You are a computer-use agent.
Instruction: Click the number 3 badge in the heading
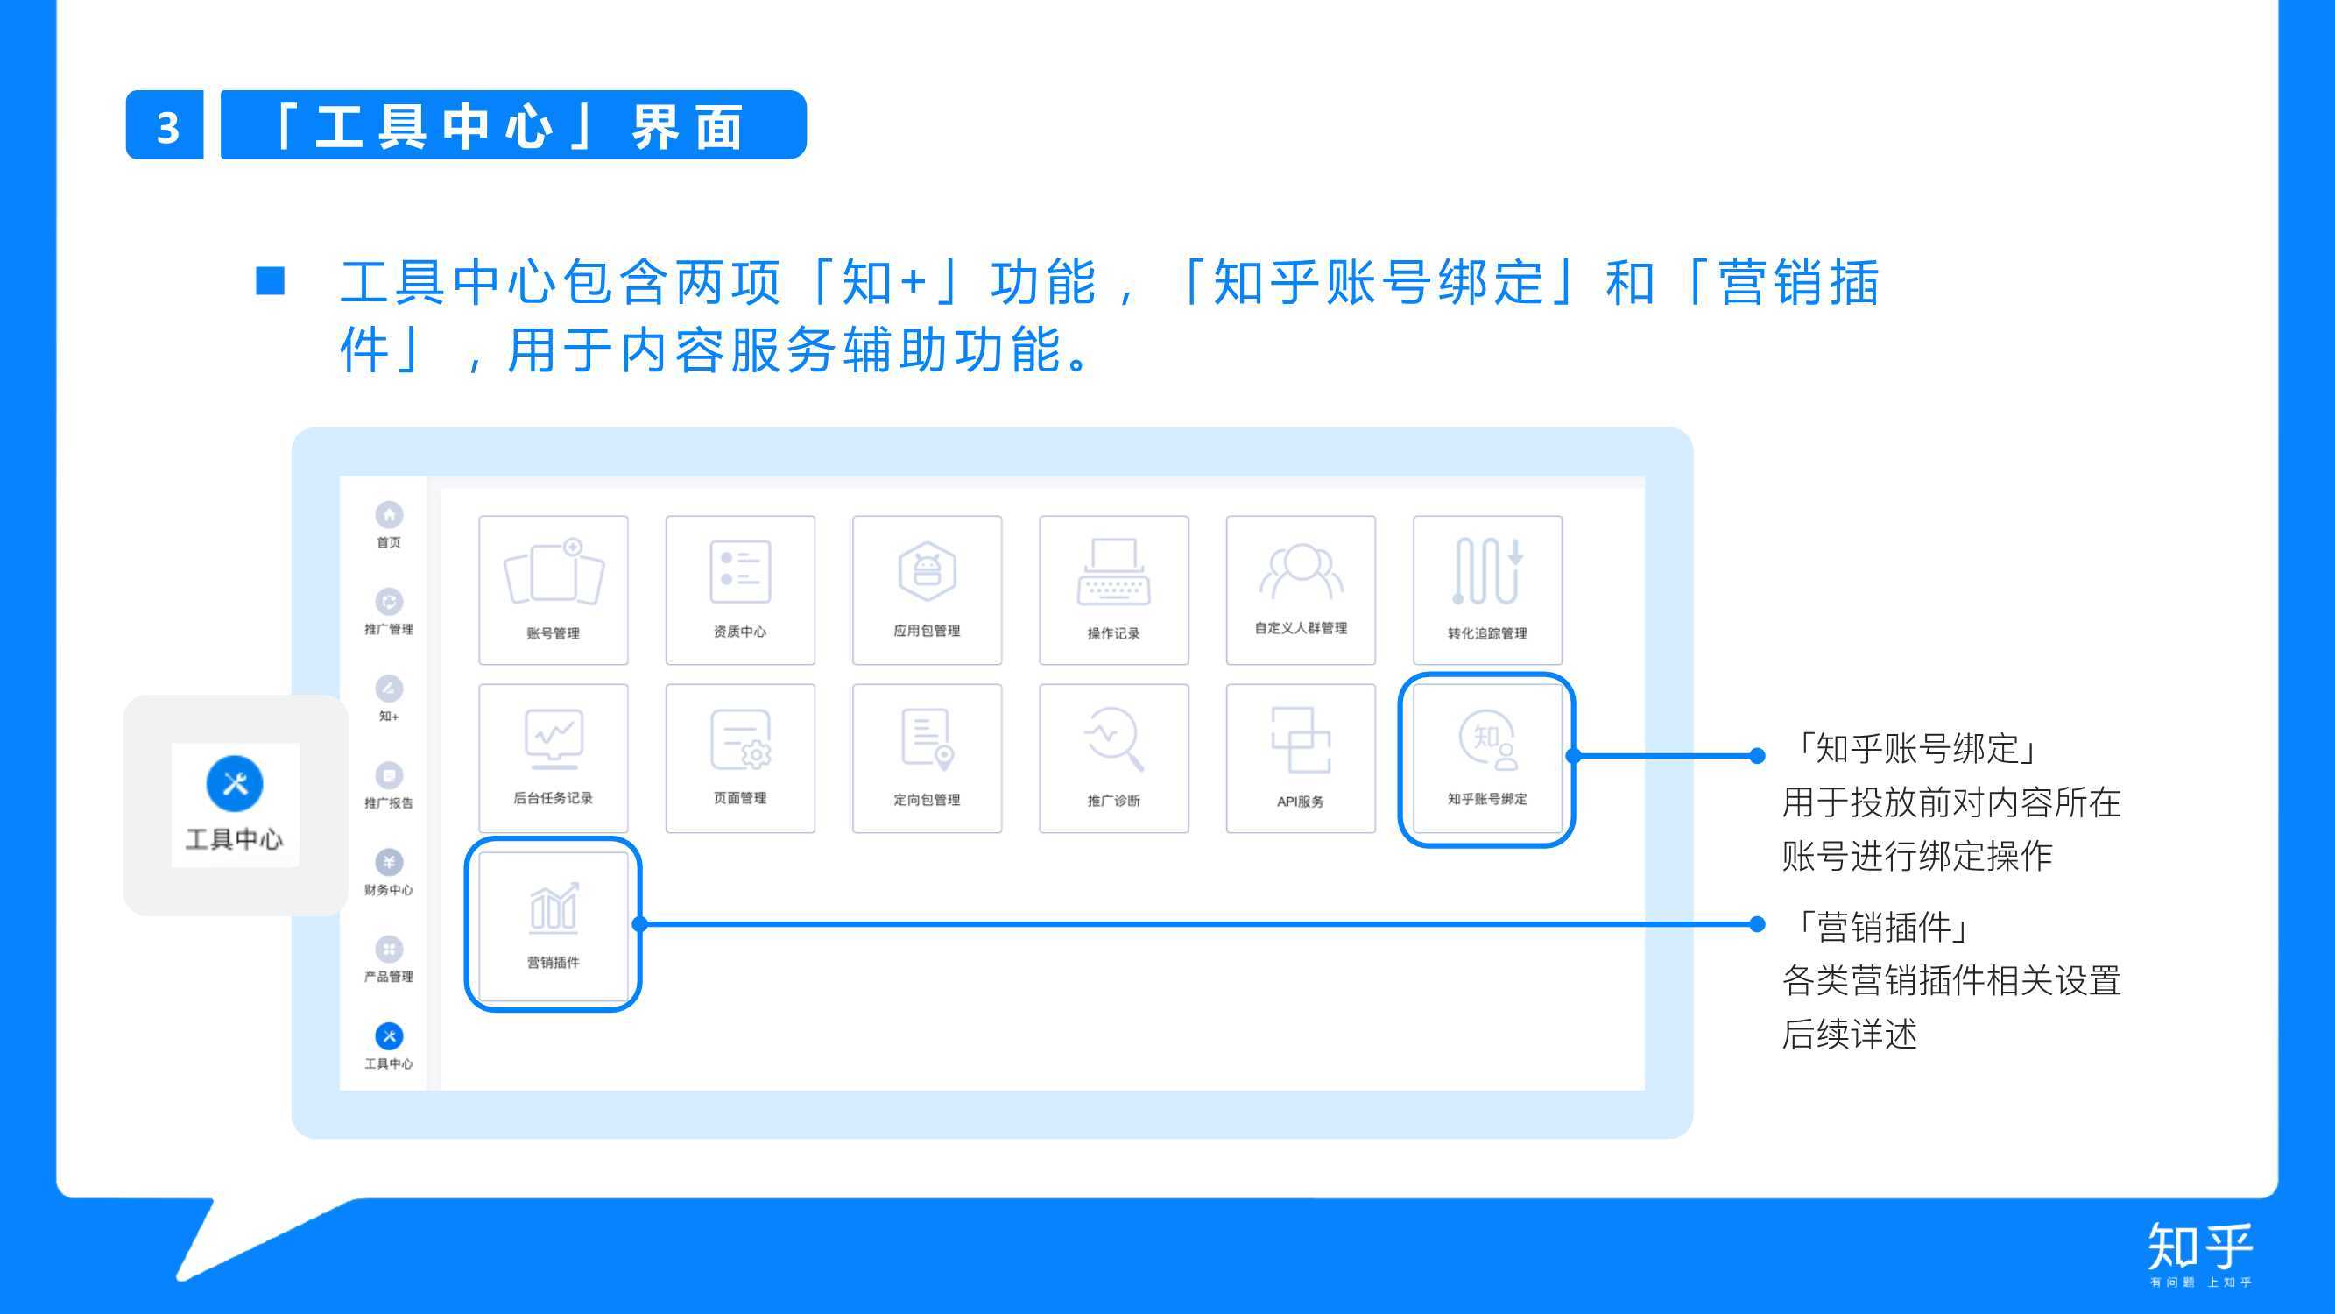165,125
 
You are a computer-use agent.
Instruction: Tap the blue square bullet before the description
270,281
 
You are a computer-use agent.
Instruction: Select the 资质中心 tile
740,590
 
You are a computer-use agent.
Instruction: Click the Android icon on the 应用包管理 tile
927,570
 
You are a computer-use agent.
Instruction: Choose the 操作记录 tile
1113,590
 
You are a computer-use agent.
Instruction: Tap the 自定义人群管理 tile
1300,590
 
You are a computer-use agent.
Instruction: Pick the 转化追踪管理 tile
1486,590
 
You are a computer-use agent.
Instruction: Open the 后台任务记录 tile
553,758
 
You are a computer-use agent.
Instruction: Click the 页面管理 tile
740,758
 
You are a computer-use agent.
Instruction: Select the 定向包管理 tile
927,758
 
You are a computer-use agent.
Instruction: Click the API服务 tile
1300,758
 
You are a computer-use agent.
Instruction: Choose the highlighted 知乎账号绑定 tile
1486,759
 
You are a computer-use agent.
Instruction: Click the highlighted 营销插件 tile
553,925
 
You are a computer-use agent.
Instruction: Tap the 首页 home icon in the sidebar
389,515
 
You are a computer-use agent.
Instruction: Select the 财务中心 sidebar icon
389,862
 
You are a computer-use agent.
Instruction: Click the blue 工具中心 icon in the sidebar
389,1035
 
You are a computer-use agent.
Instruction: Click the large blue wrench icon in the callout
235,783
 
